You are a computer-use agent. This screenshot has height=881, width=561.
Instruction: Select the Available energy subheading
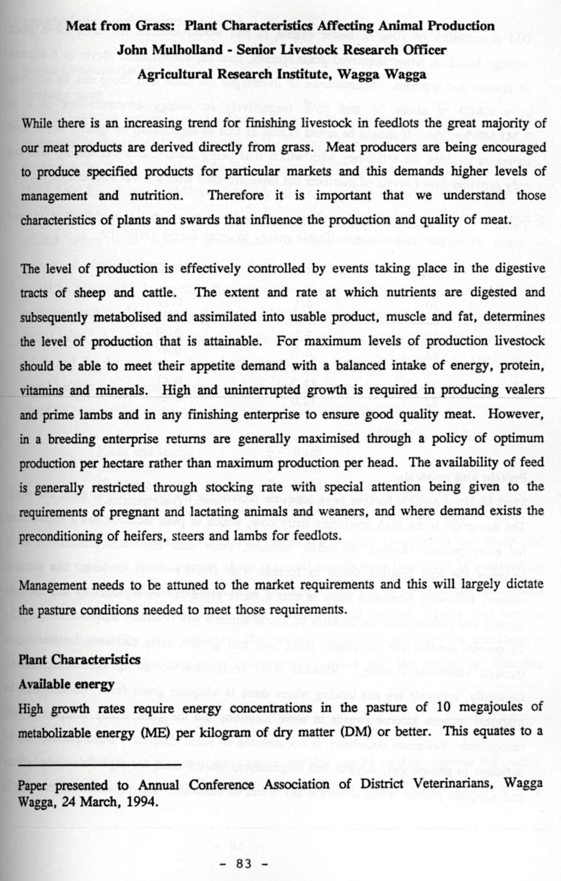66,683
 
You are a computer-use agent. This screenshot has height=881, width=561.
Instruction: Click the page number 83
243,863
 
